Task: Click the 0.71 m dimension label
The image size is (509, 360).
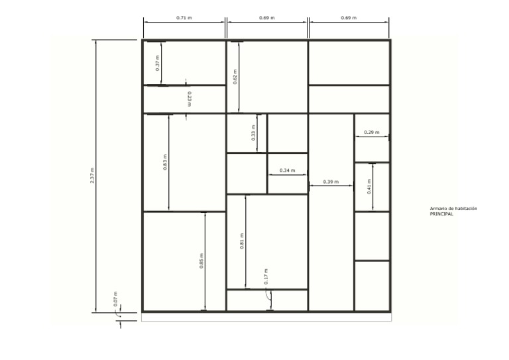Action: pyautogui.click(x=184, y=18)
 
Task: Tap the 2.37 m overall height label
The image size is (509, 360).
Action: pyautogui.click(x=92, y=175)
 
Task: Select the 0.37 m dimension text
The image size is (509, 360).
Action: pyautogui.click(x=158, y=64)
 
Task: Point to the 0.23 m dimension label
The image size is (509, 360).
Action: pyautogui.click(x=190, y=99)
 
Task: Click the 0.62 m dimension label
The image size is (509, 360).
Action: pyautogui.click(x=235, y=77)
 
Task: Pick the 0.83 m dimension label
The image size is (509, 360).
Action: pyautogui.click(x=165, y=162)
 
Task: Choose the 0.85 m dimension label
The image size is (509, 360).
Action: pyautogui.click(x=201, y=261)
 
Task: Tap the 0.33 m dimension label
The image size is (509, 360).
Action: pyautogui.click(x=253, y=133)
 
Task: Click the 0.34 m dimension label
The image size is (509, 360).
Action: pyautogui.click(x=288, y=170)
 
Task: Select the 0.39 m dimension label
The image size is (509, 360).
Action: pyautogui.click(x=331, y=182)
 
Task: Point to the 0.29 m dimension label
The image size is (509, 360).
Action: pyautogui.click(x=372, y=132)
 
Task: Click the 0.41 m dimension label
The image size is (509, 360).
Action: pyautogui.click(x=368, y=187)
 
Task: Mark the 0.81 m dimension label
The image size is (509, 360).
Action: pyautogui.click(x=242, y=241)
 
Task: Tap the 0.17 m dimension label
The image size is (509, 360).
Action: pyautogui.click(x=266, y=276)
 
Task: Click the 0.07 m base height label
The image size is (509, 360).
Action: pyautogui.click(x=115, y=299)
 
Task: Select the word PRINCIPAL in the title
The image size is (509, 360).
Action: pyautogui.click(x=441, y=214)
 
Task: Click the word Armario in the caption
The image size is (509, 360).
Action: pyautogui.click(x=437, y=209)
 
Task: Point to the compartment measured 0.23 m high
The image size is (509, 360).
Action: pyautogui.click(x=184, y=99)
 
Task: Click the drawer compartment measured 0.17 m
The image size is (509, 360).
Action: pyautogui.click(x=267, y=300)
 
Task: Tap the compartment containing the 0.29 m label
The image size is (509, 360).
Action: pyautogui.click(x=372, y=138)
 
